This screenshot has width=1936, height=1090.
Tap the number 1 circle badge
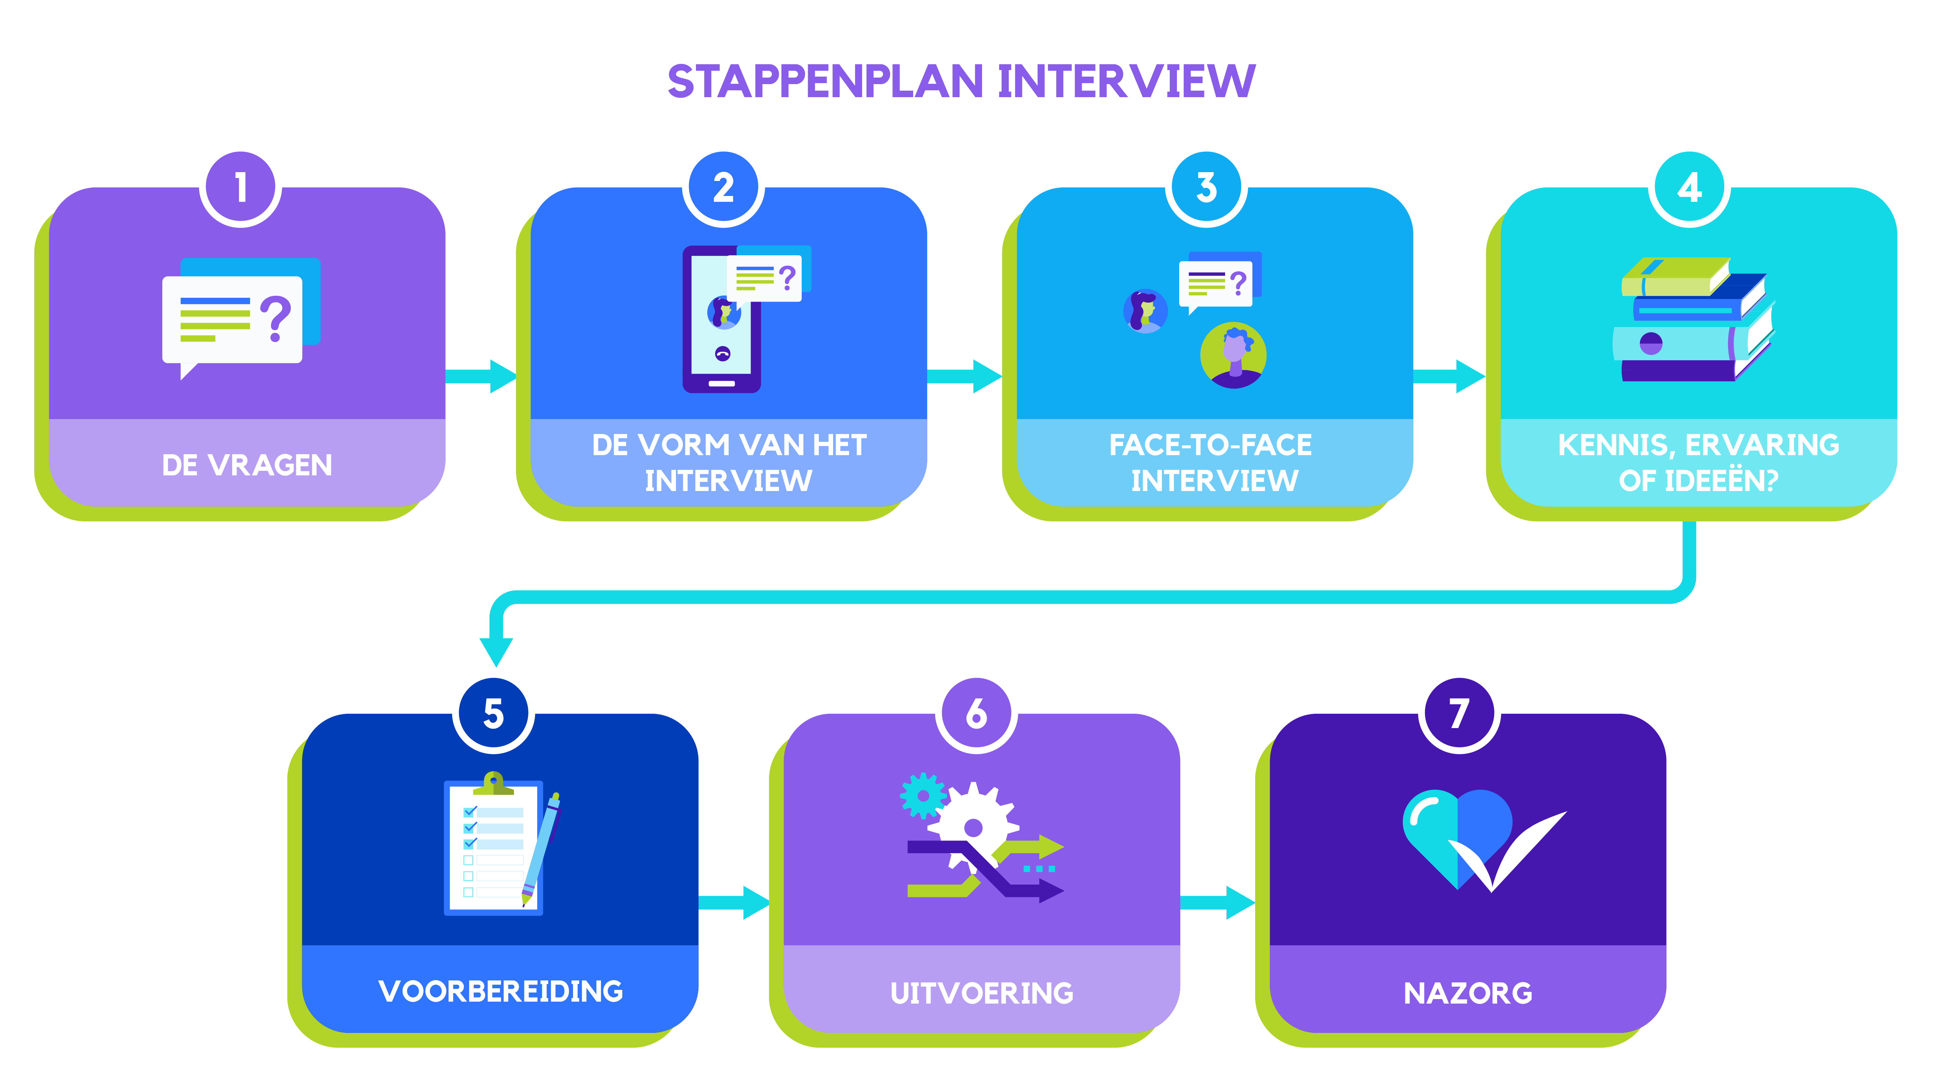[241, 188]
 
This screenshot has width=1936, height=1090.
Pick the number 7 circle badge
[1459, 714]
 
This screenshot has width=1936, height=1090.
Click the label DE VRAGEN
[246, 465]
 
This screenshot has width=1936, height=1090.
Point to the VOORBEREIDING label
[501, 992]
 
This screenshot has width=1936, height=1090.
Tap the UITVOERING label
[982, 993]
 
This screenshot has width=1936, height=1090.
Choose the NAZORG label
[1468, 993]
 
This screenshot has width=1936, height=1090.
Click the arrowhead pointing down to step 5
[496, 650]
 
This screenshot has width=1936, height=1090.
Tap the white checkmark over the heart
[1507, 853]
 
